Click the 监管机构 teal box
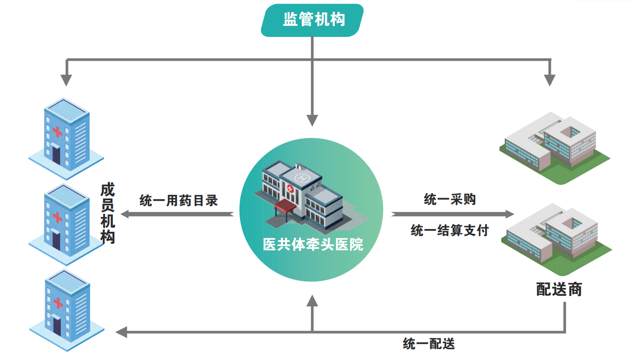[x=313, y=20]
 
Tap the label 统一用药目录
[x=179, y=201]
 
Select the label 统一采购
[x=449, y=199]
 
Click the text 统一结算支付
[x=449, y=230]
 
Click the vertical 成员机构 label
[x=108, y=214]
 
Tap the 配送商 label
[x=559, y=289]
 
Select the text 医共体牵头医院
[x=313, y=245]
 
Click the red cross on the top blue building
[x=57, y=131]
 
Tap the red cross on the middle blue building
[x=57, y=216]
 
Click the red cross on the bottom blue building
[x=57, y=302]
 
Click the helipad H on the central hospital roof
[x=302, y=178]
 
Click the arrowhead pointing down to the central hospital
[x=312, y=120]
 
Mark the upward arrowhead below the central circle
[x=312, y=301]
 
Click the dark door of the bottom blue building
[x=57, y=325]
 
